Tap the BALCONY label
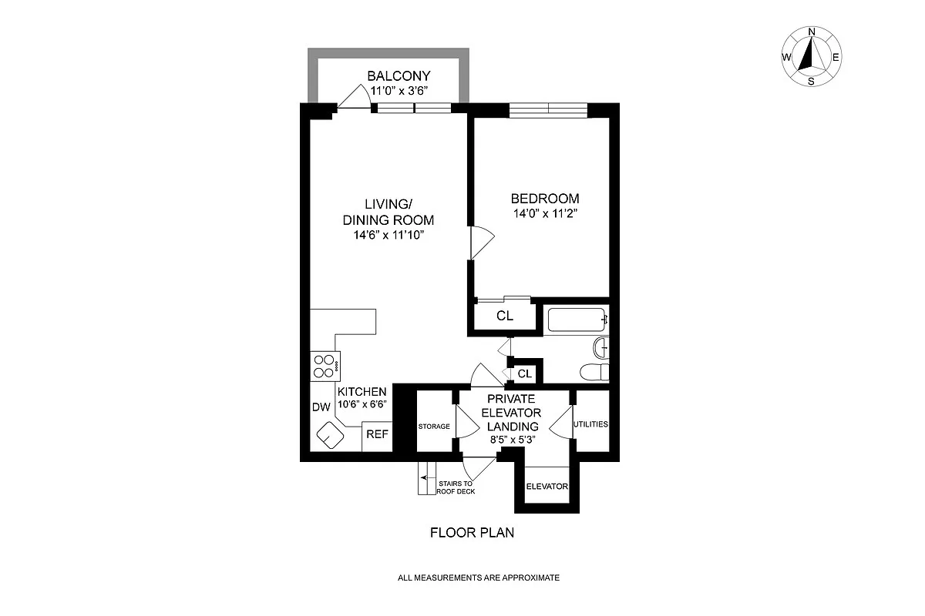pos(398,76)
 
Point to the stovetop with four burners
pos(325,366)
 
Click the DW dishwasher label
pos(321,407)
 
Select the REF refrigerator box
pos(377,435)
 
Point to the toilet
pos(594,372)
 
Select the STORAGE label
pos(434,426)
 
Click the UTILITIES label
pos(590,424)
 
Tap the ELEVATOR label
pos(547,487)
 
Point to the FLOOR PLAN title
pos(472,532)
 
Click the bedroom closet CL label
pos(504,316)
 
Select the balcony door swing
pos(354,97)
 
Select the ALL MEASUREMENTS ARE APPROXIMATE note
pos(478,577)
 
